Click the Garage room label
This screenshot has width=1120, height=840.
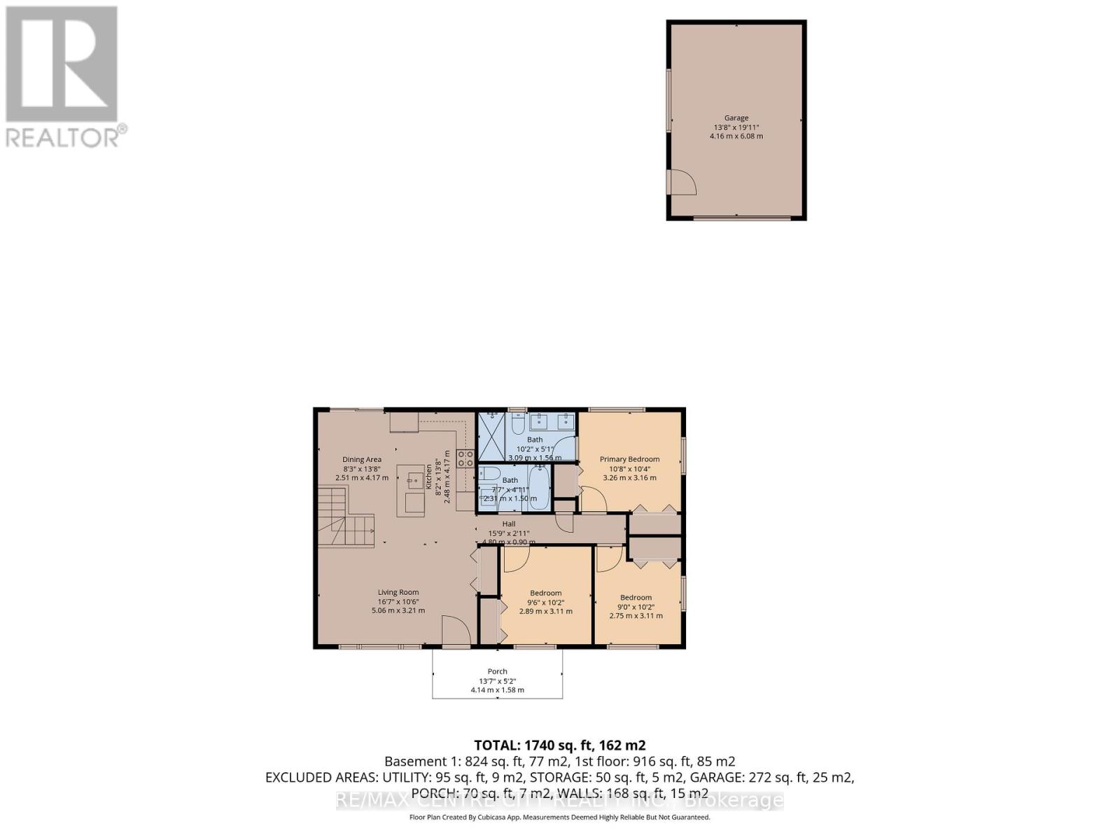point(736,118)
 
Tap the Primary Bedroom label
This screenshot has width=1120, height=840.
point(629,459)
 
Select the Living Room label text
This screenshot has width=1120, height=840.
point(398,592)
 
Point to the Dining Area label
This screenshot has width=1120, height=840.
point(362,459)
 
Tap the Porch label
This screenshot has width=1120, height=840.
point(497,671)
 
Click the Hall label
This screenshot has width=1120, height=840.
point(509,524)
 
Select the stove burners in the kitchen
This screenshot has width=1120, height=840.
point(465,458)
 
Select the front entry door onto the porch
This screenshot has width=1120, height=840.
point(456,633)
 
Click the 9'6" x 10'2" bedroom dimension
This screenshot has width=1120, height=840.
point(545,602)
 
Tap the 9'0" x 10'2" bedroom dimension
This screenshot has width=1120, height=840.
point(636,607)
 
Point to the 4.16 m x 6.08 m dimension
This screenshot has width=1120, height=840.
point(736,136)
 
